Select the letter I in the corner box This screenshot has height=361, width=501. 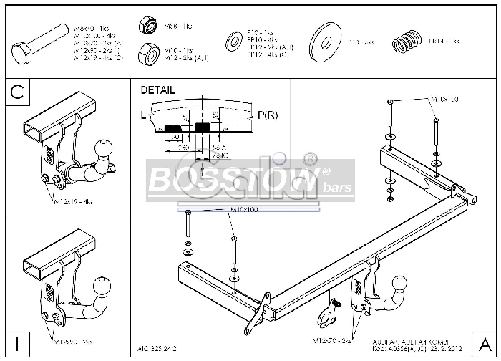tap(17, 344)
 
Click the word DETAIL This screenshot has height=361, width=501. tap(157, 91)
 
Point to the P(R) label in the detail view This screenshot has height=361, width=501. tap(268, 115)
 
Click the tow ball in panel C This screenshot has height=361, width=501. tap(102, 150)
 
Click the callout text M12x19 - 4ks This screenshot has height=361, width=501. tap(73, 202)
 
